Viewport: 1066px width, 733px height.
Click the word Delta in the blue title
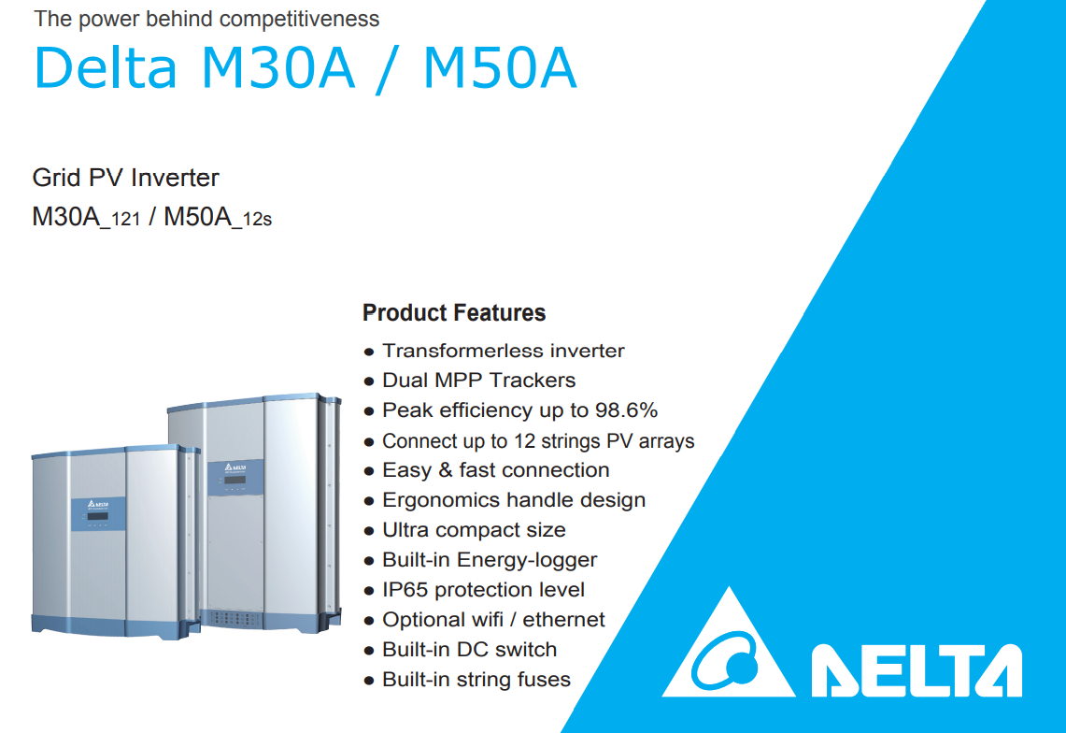tap(106, 67)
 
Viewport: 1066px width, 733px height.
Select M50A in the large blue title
tap(501, 67)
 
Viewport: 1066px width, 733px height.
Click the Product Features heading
tap(453, 312)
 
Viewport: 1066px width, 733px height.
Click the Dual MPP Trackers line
tap(478, 380)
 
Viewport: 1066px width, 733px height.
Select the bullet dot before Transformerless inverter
tap(368, 352)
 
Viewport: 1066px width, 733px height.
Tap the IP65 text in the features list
tap(405, 589)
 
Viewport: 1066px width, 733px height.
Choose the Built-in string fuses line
tap(476, 679)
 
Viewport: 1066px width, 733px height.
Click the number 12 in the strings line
tap(525, 440)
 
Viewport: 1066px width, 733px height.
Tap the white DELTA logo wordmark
tap(917, 670)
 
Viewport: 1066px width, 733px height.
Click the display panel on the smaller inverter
tap(98, 514)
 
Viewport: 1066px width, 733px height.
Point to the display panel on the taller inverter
tap(235, 477)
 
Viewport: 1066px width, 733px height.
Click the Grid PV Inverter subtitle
tap(126, 178)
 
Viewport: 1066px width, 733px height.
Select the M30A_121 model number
tap(86, 217)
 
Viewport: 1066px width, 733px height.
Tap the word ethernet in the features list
tap(563, 619)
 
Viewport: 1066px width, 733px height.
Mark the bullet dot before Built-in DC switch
tap(368, 651)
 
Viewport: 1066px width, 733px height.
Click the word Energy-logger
tap(527, 560)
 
